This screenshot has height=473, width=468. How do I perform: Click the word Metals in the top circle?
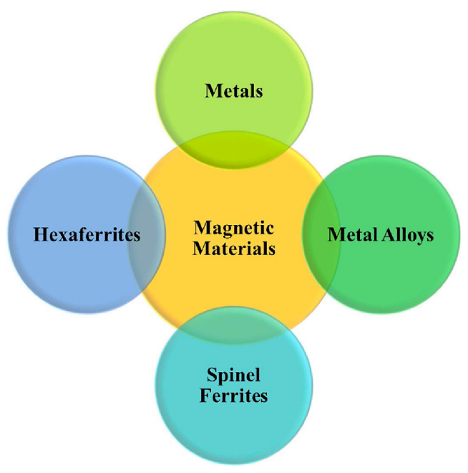[x=234, y=91]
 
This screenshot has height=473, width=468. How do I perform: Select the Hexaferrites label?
[x=86, y=234]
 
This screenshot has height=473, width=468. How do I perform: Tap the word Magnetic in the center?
[x=234, y=227]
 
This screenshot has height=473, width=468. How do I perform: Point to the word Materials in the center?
[x=234, y=249]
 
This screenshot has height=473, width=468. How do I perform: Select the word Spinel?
[x=234, y=374]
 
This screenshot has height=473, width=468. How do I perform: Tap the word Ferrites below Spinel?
[x=234, y=396]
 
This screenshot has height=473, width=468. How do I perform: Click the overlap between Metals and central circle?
[x=234, y=149]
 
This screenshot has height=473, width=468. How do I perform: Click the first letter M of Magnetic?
[x=200, y=227]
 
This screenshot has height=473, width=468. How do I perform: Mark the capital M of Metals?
[x=211, y=91]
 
